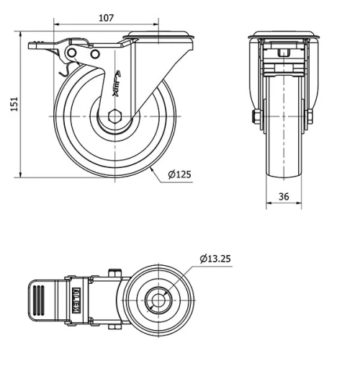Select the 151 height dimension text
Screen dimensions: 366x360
10,105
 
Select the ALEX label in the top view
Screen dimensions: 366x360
76,299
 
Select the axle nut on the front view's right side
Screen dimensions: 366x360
310,117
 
